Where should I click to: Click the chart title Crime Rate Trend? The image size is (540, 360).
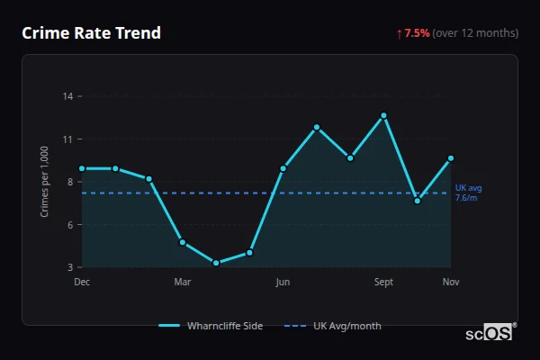(x=92, y=33)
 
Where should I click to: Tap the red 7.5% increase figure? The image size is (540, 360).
(x=417, y=33)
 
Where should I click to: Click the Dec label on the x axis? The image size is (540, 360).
(x=82, y=283)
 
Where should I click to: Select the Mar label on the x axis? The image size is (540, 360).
(x=183, y=283)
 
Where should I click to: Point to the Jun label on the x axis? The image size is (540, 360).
(x=283, y=283)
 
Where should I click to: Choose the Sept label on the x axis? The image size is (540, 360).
(x=383, y=283)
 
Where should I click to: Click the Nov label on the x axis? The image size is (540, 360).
(x=451, y=283)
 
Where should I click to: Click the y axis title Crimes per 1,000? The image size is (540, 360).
(x=45, y=181)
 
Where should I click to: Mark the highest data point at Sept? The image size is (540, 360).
(x=383, y=115)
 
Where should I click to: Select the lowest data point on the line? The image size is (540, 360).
(x=216, y=263)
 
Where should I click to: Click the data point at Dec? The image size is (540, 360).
(x=82, y=168)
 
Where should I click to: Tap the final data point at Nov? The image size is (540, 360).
(x=451, y=158)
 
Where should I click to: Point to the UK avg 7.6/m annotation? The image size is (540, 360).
(x=467, y=193)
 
